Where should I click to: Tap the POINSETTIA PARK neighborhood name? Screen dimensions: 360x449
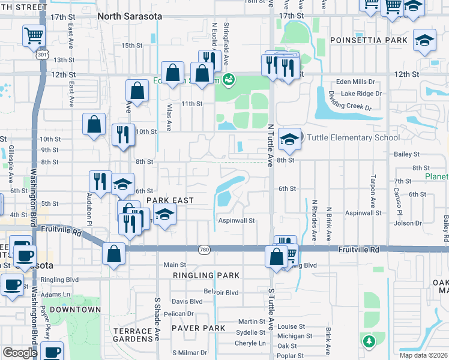368,40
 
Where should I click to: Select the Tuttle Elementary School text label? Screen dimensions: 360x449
353,138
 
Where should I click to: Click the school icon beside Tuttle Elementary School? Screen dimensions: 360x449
289,139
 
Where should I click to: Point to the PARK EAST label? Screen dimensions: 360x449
170,200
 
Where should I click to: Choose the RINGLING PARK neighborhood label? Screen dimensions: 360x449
206,275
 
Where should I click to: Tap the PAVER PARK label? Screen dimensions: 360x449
198,328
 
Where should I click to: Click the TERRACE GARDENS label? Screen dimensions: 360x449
133,335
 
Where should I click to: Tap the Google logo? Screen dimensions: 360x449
20,353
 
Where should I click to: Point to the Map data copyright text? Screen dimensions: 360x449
424,355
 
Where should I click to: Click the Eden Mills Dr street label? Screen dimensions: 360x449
355,82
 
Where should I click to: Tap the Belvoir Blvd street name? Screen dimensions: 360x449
221,292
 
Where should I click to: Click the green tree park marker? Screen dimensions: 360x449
368,341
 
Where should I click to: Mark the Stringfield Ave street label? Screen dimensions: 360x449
226,43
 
